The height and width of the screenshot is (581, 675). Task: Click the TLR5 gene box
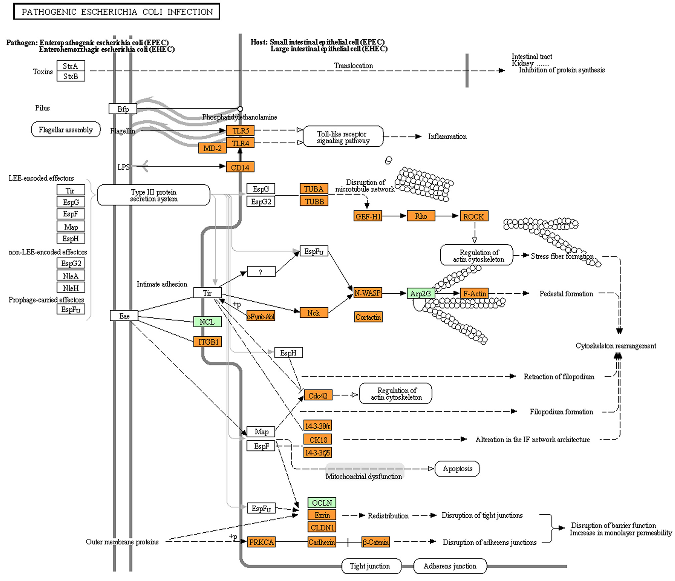(x=240, y=131)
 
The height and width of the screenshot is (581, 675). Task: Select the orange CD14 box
(x=240, y=167)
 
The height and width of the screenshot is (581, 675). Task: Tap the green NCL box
(x=207, y=322)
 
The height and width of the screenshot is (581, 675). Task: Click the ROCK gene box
(x=473, y=216)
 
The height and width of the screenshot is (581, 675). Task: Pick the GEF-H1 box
(x=368, y=216)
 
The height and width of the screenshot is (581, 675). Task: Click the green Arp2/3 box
(x=421, y=293)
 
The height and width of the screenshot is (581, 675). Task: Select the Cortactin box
(x=368, y=317)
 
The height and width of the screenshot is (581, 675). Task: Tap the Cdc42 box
(x=318, y=395)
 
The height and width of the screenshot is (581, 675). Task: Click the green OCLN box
(x=322, y=503)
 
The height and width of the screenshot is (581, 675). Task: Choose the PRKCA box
(x=261, y=542)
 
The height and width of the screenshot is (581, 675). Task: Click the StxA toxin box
(x=71, y=66)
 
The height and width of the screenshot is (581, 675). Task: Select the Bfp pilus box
(x=123, y=109)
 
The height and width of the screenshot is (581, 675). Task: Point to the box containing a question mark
(x=261, y=272)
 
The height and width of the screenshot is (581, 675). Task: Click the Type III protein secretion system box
(x=154, y=195)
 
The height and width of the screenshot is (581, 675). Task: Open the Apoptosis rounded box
(x=457, y=469)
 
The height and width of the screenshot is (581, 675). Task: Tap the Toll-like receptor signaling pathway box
(x=343, y=137)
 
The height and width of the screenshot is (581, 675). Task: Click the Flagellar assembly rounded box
(x=66, y=130)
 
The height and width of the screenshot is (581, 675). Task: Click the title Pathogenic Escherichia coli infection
(x=117, y=12)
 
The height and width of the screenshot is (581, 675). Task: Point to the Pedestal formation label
(x=566, y=294)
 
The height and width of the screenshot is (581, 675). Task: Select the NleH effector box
(x=71, y=288)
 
